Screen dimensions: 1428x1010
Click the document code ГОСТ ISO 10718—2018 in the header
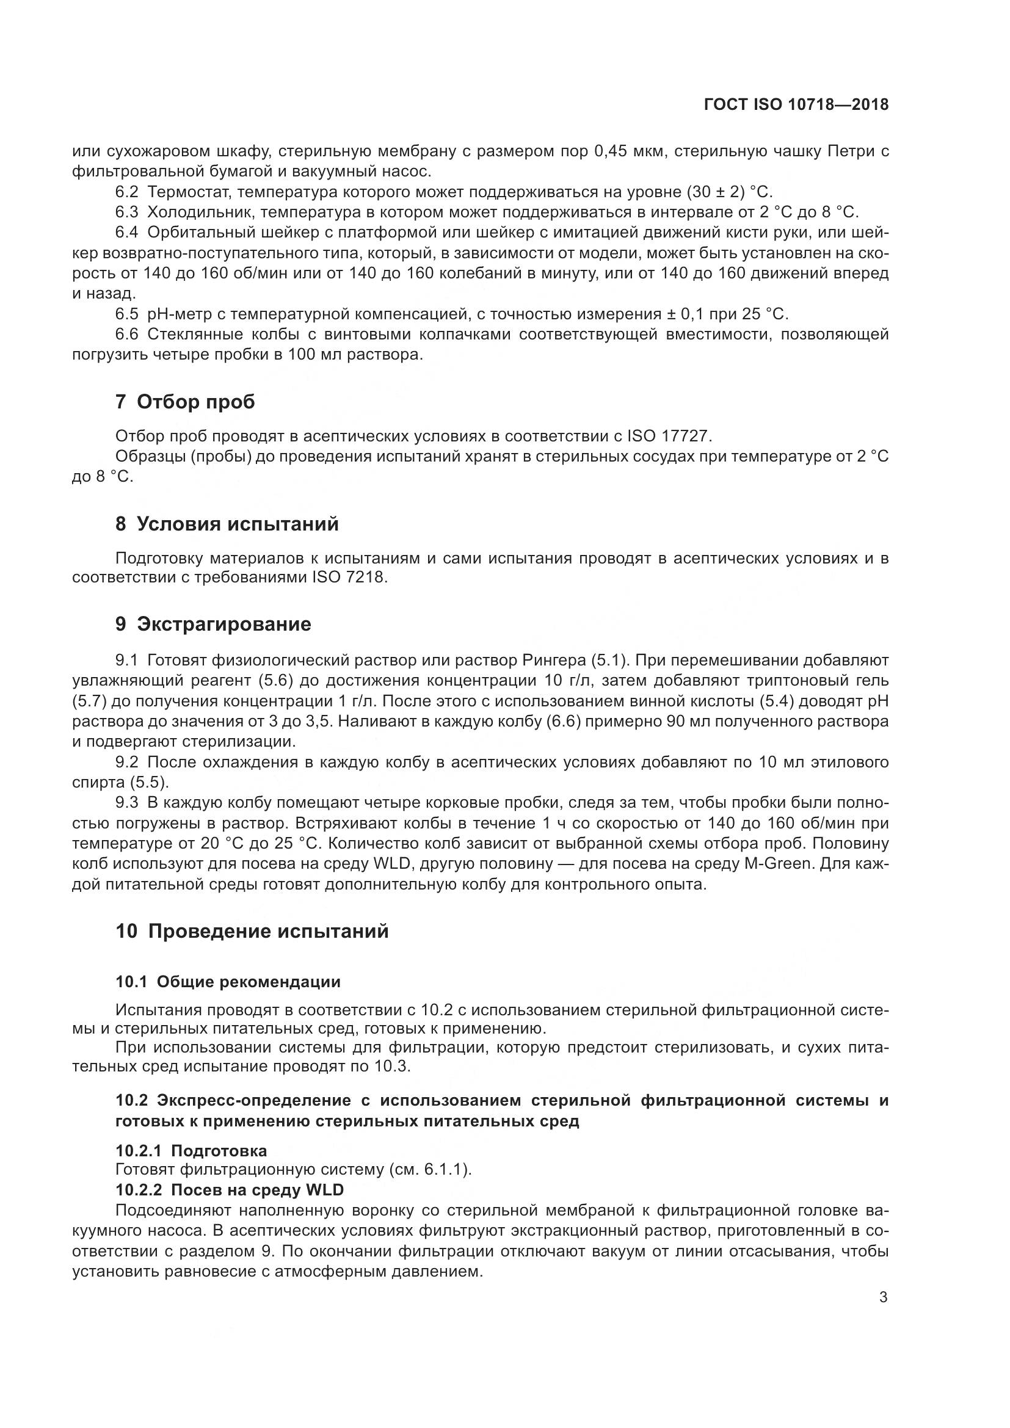(x=796, y=104)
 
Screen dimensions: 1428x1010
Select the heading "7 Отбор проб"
(x=186, y=402)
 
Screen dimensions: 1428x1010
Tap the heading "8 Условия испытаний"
(x=227, y=524)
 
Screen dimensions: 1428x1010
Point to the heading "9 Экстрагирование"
(x=213, y=624)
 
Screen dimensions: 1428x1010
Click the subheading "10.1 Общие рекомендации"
(x=228, y=982)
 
